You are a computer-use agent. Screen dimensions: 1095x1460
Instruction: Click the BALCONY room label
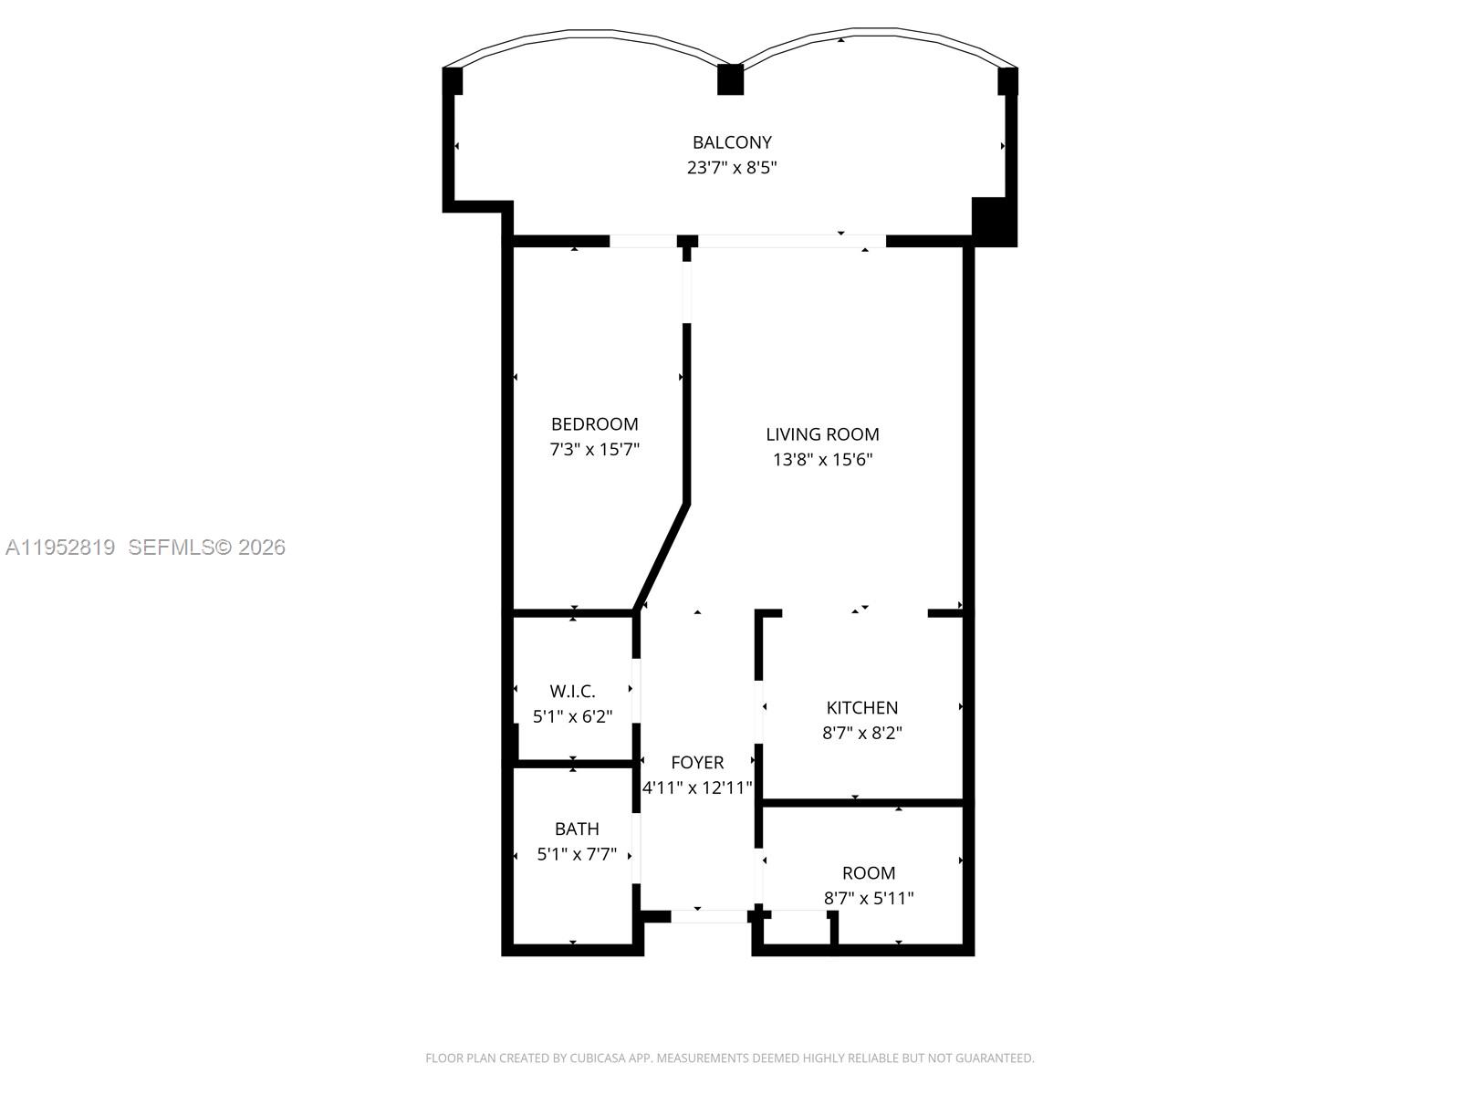coord(732,142)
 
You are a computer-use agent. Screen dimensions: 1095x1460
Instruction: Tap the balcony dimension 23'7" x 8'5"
coord(732,168)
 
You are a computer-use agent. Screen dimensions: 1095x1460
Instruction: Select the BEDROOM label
coord(594,424)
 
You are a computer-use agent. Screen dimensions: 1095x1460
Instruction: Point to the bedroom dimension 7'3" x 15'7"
coord(594,450)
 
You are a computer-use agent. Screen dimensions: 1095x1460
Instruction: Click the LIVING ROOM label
coord(822,434)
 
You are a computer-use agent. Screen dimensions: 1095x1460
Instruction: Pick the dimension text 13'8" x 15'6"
coord(822,460)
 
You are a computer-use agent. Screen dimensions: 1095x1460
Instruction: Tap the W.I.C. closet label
coord(572,692)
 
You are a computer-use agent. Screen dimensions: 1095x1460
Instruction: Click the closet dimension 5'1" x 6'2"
coord(572,717)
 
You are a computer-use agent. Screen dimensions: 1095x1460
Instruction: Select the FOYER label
coord(697,763)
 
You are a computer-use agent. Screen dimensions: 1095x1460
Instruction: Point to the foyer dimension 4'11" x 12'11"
coord(697,788)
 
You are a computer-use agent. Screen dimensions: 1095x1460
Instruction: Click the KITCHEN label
coord(862,708)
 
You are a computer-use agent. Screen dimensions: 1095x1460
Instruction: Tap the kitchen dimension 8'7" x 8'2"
coord(862,733)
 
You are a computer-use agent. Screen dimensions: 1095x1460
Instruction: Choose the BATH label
coord(577,829)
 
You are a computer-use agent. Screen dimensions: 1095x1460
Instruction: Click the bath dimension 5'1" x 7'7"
coord(577,855)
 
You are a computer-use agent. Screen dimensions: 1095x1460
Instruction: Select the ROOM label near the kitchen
coord(869,873)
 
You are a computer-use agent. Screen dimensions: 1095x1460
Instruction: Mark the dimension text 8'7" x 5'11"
coord(869,899)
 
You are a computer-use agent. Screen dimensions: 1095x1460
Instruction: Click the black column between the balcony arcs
coord(730,79)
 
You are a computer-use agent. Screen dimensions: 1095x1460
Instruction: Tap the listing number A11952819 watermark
coord(60,547)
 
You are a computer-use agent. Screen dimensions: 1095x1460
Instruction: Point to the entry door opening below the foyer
coord(708,916)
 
